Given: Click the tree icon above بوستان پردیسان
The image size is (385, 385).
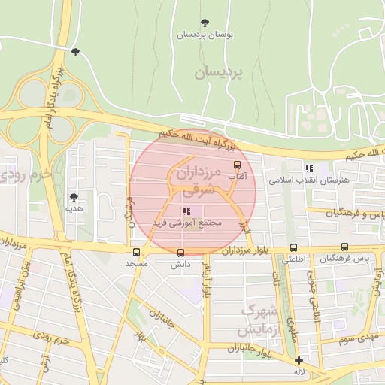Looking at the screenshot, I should pyautogui.click(x=205, y=22).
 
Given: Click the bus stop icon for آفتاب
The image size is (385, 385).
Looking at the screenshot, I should pyautogui.click(x=238, y=165).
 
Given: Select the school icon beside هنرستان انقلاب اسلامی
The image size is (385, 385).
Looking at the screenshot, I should pyautogui.click(x=308, y=168).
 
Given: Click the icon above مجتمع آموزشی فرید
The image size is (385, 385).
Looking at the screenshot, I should pyautogui.click(x=186, y=211).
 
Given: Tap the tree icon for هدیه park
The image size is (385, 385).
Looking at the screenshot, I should pyautogui.click(x=73, y=196).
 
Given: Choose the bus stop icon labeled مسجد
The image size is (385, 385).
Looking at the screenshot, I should pyautogui.click(x=136, y=252).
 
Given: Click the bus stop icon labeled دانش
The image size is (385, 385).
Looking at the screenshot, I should pyautogui.click(x=180, y=253).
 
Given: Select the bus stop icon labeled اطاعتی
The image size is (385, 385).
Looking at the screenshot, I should pyautogui.click(x=293, y=247).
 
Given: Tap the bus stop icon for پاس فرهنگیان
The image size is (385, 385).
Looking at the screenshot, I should pyautogui.click(x=344, y=246).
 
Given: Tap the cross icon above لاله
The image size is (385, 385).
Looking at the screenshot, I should pyautogui.click(x=299, y=360).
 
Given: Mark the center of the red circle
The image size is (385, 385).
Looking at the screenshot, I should pyautogui.click(x=193, y=188).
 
